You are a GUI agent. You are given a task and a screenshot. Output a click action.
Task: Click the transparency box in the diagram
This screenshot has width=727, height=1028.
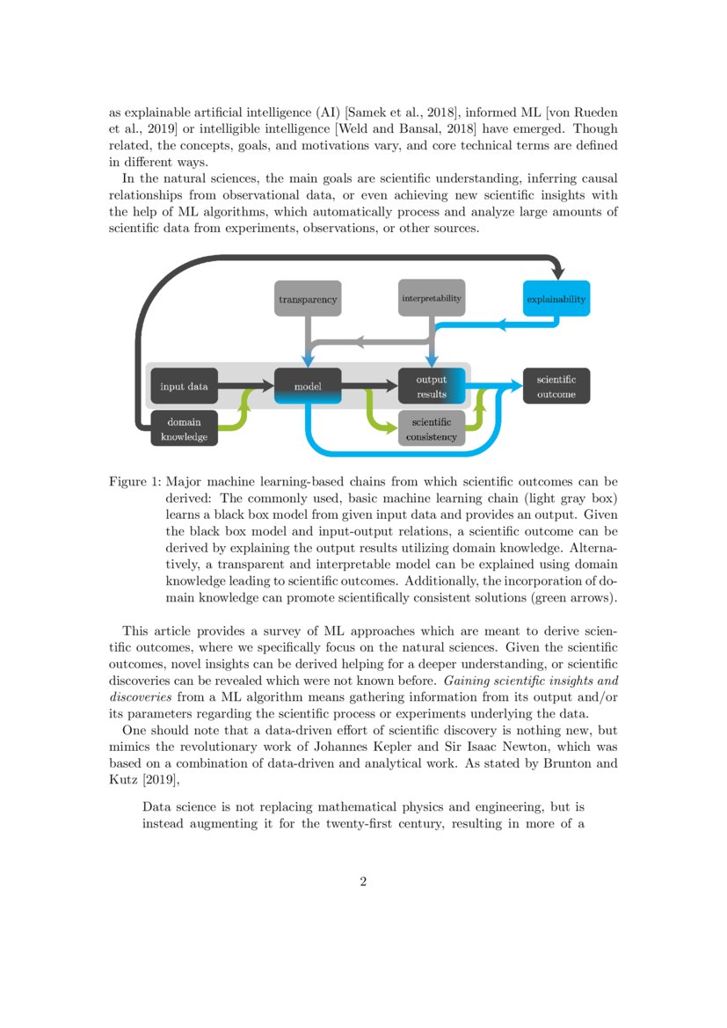[x=307, y=300]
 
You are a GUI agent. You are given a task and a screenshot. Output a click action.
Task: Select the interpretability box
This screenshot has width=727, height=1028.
[x=431, y=298]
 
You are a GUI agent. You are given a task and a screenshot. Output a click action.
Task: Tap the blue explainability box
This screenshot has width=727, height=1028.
[x=556, y=299]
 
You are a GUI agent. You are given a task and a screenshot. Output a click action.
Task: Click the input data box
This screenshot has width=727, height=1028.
[x=184, y=385]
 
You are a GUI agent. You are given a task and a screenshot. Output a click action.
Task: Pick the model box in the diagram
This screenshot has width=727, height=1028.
[x=307, y=385]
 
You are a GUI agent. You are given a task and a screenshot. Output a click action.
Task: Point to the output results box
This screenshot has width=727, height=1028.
[x=431, y=386]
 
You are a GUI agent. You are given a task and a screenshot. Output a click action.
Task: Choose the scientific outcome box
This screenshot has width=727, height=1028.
[x=556, y=386]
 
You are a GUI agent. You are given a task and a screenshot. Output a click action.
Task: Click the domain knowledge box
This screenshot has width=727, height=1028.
[x=184, y=428]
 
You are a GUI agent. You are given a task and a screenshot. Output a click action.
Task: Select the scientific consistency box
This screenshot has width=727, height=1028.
[x=431, y=428]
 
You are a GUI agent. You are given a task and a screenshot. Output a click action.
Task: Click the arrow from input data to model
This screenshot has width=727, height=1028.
[x=246, y=385]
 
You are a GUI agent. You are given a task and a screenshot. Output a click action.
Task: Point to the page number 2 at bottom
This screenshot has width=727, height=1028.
[x=363, y=882]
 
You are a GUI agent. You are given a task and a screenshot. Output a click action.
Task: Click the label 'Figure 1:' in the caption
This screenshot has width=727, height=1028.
[x=134, y=481]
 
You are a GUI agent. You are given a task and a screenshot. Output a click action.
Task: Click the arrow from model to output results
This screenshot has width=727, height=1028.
[x=368, y=385]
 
